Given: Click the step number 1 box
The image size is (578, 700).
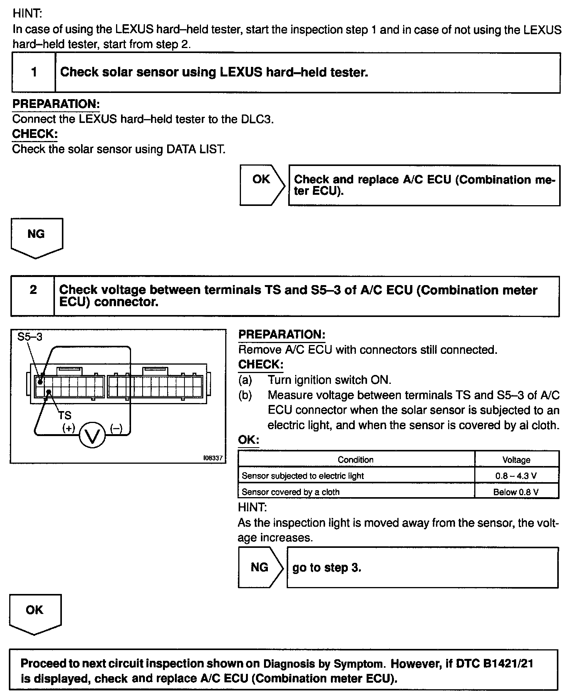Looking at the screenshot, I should (x=34, y=73).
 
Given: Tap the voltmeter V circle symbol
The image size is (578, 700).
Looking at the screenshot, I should (x=92, y=435).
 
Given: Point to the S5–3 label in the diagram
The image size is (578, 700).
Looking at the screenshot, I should (x=30, y=337).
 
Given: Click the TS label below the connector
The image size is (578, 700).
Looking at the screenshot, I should (x=65, y=415).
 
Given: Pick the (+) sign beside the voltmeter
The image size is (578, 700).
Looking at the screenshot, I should (x=69, y=428).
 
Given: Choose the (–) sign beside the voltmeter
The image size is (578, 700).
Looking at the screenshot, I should (x=116, y=428).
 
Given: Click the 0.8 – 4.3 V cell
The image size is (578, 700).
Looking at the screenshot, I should (x=516, y=476).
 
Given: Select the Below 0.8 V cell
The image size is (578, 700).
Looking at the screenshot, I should (x=516, y=492).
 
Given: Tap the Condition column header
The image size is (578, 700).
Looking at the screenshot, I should (x=355, y=459).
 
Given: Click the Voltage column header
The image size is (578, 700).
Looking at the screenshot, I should (x=516, y=459).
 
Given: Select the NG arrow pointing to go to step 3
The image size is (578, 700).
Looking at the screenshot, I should (x=261, y=567).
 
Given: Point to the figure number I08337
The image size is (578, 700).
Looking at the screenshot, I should (x=213, y=458).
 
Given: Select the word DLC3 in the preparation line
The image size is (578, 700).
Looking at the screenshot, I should (x=257, y=119).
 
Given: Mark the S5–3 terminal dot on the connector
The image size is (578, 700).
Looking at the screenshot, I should (x=40, y=382).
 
